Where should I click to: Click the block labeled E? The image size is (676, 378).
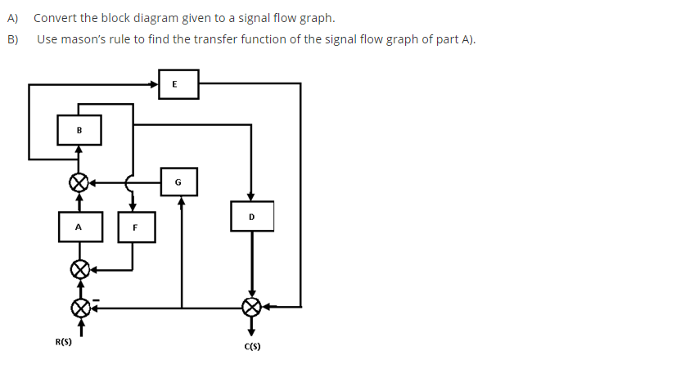tap(178, 83)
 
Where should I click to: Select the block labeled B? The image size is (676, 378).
tap(79, 129)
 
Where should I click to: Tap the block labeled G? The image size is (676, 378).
tap(178, 182)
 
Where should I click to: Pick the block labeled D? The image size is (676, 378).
tap(251, 217)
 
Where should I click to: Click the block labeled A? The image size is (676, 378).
tap(79, 227)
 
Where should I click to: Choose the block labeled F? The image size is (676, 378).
tap(135, 227)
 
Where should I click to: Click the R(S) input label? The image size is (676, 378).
tap(63, 342)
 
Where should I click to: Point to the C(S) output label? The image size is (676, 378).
tap(252, 347)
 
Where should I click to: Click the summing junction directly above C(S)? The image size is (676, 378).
tap(252, 307)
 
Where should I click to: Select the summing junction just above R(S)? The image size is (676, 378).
tap(79, 308)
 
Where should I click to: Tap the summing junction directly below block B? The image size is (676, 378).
tap(79, 182)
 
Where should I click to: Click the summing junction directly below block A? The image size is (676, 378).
tap(79, 268)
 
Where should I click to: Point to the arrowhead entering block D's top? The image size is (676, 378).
tap(251, 195)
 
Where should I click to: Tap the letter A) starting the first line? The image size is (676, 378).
tap(13, 18)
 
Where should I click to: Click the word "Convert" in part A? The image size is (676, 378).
tap(55, 18)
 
